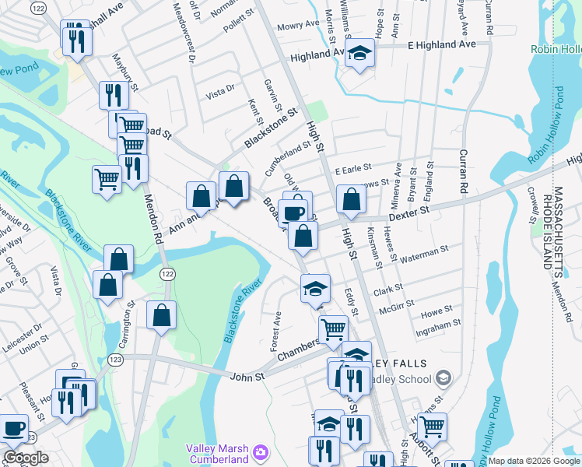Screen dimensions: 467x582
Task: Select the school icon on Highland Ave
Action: pos(359,53)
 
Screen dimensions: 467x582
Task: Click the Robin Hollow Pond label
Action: pos(556,49)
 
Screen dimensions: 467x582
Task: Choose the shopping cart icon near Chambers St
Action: pos(333,328)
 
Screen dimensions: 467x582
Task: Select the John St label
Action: pos(249,376)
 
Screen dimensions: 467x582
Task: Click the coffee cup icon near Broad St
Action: pos(293,212)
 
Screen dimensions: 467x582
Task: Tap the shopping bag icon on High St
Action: pos(352,199)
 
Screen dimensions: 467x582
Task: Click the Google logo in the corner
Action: pos(26,458)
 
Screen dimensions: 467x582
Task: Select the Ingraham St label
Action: pos(440,322)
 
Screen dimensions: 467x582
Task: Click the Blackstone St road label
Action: pos(271,128)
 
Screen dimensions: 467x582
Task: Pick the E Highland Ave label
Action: pos(442,44)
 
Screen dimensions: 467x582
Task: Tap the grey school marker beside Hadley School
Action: pos(443,379)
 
